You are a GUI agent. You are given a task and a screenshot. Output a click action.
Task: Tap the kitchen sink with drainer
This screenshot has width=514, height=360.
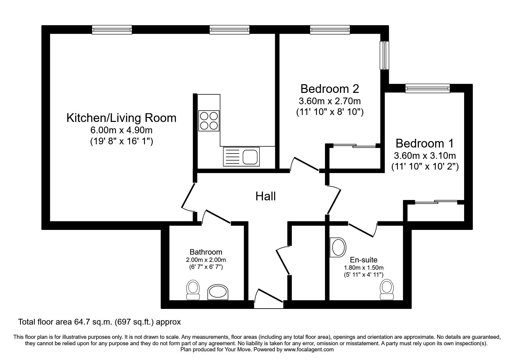pyautogui.click(x=241, y=157)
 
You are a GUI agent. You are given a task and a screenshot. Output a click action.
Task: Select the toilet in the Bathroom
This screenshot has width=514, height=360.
pyautogui.click(x=193, y=290)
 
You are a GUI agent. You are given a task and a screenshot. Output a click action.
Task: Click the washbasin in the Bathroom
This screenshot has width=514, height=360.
pyautogui.click(x=218, y=292)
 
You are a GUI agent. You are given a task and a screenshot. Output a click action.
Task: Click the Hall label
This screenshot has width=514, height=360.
pyautogui.click(x=266, y=197)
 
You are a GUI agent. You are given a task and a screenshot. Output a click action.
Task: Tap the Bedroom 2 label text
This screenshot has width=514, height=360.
pyautogui.click(x=330, y=89)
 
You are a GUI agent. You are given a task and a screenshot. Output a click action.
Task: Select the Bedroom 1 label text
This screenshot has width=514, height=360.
pyautogui.click(x=425, y=143)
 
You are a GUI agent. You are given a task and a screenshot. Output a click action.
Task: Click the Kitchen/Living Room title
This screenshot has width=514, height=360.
pyautogui.click(x=121, y=118)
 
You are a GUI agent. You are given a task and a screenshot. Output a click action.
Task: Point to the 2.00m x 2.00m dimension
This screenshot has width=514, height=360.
pyautogui.click(x=206, y=260)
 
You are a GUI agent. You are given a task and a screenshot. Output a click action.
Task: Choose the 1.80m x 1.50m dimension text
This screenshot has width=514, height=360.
pyautogui.click(x=364, y=268)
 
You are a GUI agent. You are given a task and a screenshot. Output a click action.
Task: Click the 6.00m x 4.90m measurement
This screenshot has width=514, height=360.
pyautogui.click(x=121, y=130)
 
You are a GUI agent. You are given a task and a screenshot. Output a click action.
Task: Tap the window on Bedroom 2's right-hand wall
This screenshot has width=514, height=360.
pyautogui.click(x=385, y=55)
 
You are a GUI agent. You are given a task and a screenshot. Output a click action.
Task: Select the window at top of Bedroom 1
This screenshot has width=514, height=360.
pyautogui.click(x=428, y=88)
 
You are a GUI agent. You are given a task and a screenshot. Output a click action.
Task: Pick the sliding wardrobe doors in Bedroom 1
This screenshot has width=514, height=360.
pyautogui.click(x=436, y=202)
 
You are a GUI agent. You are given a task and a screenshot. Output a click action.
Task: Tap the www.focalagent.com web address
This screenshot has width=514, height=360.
pyautogui.click(x=309, y=350)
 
